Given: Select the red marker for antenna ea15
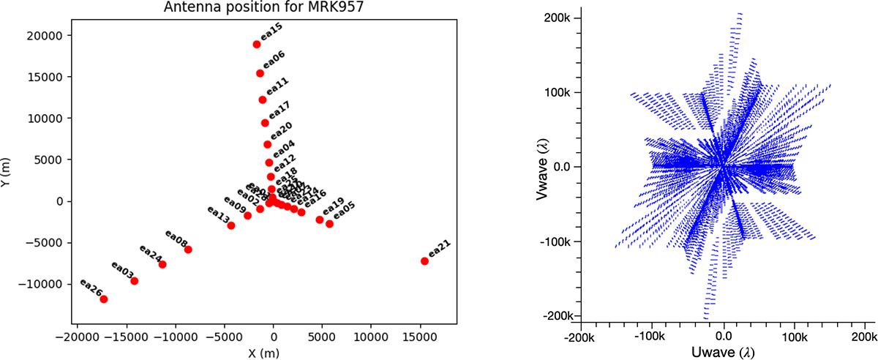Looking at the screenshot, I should (257, 45).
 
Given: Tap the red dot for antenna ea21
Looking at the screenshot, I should (424, 261).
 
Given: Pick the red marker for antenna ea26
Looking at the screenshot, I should (104, 299).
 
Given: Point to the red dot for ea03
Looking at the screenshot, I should (134, 282).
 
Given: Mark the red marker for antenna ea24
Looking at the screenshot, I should (162, 264).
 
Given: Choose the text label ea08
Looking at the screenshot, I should (176, 239).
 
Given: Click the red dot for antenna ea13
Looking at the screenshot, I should (231, 225).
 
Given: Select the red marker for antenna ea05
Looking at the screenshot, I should (329, 224).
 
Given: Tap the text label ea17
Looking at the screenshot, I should (279, 110).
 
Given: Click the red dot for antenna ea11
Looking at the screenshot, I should (263, 100).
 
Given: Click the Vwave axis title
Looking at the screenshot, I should (541, 168).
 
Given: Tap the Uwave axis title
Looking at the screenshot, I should (724, 352).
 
